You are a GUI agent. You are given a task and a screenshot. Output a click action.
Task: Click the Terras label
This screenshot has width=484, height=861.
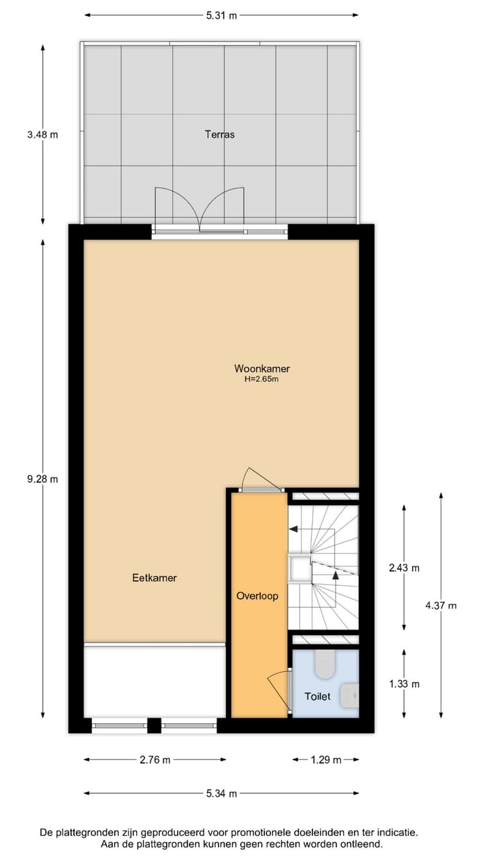(220, 135)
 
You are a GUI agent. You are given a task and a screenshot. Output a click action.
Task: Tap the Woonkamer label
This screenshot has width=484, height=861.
(261, 369)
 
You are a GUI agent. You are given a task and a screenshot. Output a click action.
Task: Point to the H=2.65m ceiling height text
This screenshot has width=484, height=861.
(261, 379)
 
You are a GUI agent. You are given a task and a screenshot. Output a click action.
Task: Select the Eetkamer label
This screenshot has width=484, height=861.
(155, 578)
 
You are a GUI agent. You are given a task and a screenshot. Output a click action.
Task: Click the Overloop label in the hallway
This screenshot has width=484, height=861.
(257, 596)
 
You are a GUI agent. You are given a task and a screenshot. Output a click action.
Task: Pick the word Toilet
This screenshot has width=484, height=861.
(317, 697)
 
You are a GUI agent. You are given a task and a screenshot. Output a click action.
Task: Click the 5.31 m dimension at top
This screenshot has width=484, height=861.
(222, 15)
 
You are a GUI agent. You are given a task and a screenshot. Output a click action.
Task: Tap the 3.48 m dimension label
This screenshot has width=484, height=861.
(42, 135)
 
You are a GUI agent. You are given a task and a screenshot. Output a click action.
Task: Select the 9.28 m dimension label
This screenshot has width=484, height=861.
(42, 480)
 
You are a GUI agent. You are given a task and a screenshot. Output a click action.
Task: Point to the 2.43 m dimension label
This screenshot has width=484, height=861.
(404, 568)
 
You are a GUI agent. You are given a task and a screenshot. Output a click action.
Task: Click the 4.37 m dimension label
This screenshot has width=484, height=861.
(441, 605)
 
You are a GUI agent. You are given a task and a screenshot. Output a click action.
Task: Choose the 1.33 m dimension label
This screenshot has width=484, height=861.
(404, 684)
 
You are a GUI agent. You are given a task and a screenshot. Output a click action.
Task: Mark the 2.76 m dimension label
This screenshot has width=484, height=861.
(155, 760)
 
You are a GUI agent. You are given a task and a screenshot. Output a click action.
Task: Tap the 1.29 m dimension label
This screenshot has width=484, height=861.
(325, 760)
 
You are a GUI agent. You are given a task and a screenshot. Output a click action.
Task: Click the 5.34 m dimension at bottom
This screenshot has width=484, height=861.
(222, 794)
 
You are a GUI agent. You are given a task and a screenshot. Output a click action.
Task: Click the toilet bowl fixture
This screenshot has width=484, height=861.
(325, 663)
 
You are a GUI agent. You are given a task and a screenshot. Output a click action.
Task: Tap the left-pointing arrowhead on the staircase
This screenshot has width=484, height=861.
(293, 529)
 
